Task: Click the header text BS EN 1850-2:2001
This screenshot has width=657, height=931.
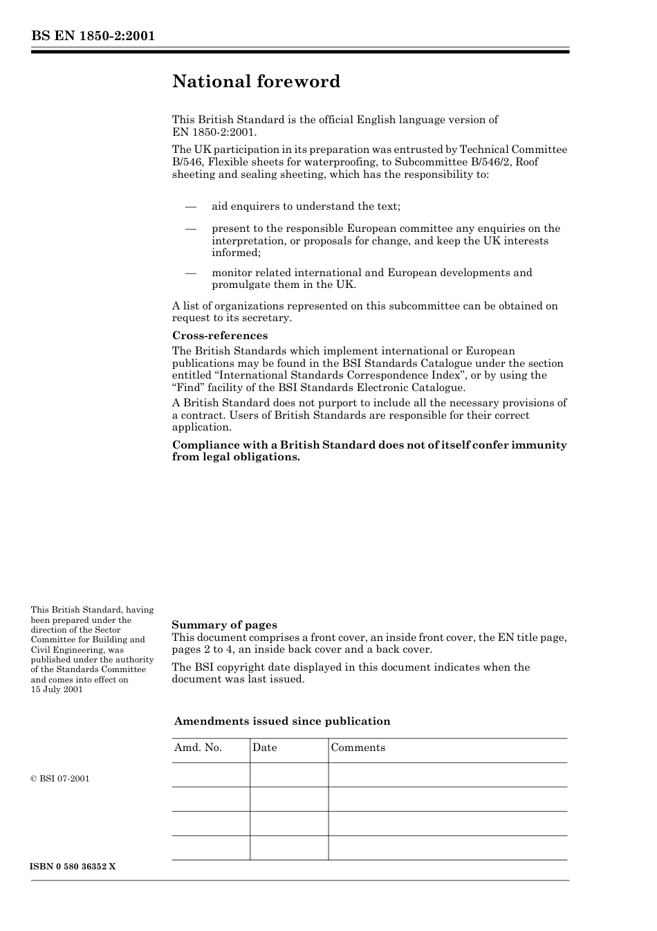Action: [x=93, y=36]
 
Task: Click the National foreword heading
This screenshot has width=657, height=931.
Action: [x=256, y=82]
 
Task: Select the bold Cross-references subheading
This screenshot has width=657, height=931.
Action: [x=219, y=336]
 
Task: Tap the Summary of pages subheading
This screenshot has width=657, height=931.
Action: [x=224, y=625]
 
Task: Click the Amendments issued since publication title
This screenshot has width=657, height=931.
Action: [x=282, y=721]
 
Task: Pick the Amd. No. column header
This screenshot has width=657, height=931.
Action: [x=198, y=748]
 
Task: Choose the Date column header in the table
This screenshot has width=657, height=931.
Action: [x=265, y=748]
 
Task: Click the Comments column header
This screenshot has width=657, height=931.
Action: [x=358, y=748]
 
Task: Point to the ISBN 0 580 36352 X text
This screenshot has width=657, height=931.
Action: [x=73, y=867]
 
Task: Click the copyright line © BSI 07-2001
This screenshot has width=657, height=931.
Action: [x=60, y=779]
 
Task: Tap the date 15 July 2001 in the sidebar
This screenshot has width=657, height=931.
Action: [x=57, y=689]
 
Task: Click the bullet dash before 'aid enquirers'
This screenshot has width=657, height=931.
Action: [x=191, y=207]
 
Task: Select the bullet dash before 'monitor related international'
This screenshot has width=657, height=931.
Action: [x=191, y=273]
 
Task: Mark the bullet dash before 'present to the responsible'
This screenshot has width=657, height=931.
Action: [x=191, y=228]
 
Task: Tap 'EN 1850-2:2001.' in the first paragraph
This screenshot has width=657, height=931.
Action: [x=214, y=132]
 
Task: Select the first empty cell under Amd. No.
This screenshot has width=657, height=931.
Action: [x=211, y=775]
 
